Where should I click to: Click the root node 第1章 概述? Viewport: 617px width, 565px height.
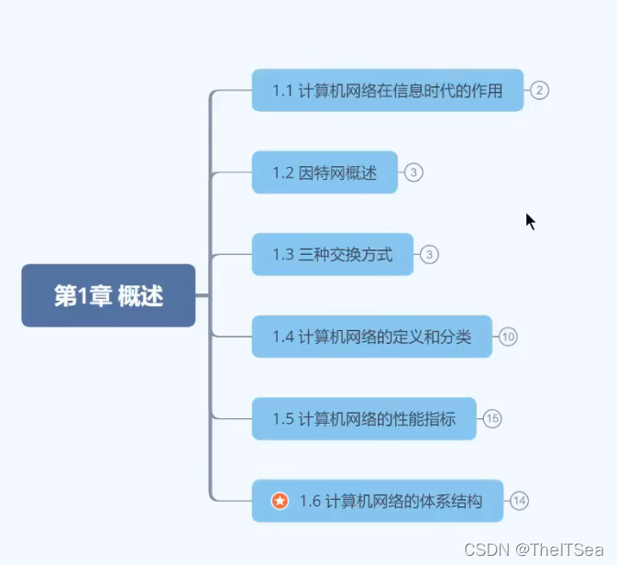(x=108, y=295)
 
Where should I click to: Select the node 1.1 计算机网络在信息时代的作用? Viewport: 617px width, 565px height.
(x=387, y=90)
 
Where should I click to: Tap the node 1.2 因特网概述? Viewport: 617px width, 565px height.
(x=325, y=172)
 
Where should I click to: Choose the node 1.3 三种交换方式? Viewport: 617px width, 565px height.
(x=332, y=254)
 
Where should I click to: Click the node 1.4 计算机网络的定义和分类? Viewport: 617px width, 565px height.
(x=371, y=337)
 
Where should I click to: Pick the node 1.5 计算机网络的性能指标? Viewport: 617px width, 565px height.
(x=364, y=419)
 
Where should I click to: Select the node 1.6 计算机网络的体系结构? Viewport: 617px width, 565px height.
(x=378, y=501)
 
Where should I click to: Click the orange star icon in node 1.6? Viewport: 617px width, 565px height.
(x=281, y=501)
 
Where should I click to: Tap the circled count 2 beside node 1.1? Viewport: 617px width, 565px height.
(x=539, y=90)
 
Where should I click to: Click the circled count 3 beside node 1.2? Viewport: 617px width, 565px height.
(x=413, y=172)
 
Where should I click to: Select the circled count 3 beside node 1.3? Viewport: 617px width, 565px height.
(x=429, y=254)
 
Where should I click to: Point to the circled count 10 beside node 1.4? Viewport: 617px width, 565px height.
(x=508, y=337)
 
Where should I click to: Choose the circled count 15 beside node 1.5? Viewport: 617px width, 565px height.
(x=492, y=419)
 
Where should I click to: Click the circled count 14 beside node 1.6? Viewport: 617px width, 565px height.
(x=520, y=501)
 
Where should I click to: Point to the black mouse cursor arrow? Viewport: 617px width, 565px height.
(x=530, y=221)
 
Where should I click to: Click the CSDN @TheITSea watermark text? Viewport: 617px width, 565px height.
(x=534, y=549)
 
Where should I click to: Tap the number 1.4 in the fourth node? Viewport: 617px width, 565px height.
(x=282, y=337)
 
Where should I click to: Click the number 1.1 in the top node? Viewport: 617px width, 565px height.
(x=282, y=90)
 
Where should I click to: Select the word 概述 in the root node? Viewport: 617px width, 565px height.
(x=140, y=295)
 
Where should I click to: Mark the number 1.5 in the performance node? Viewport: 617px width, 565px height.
(x=282, y=419)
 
